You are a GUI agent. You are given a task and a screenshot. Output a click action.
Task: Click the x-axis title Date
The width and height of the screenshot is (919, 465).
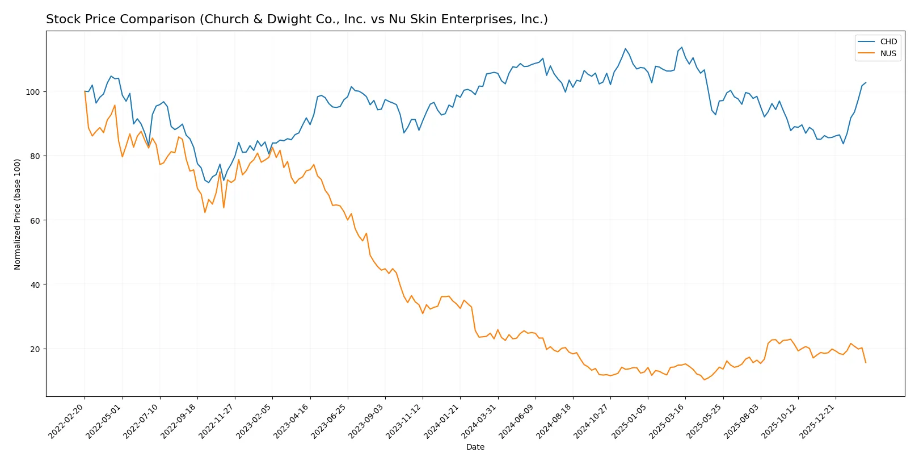(475, 447)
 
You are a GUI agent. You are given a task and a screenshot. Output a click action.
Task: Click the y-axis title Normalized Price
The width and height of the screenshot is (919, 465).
(18, 214)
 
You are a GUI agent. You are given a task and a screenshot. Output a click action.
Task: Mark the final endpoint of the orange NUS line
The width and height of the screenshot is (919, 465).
(866, 362)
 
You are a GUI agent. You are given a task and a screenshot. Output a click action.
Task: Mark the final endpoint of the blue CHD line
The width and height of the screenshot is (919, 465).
(866, 82)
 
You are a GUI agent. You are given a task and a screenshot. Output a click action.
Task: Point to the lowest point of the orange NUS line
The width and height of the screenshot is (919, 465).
(704, 379)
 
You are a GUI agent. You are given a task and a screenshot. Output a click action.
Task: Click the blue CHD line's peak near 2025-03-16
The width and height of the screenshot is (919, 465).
(682, 47)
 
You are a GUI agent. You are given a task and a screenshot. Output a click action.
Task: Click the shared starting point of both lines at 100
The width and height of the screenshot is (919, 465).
(85, 91)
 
